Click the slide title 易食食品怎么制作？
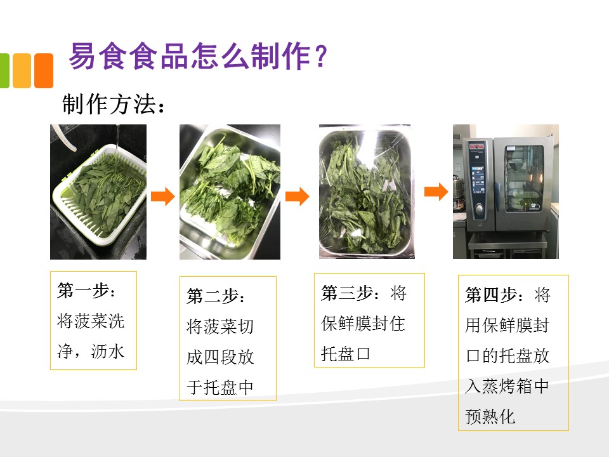tap(198, 56)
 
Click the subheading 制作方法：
tap(114, 104)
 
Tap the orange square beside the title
tap(44, 70)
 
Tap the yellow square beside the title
tap(22, 70)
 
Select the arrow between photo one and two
tap(163, 196)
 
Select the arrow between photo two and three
tap(297, 196)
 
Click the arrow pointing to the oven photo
tap(436, 192)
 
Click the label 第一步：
tap(86, 291)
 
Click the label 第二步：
tap(216, 296)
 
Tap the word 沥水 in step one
tap(108, 351)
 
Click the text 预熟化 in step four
tap(490, 416)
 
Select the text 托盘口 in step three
tap(346, 354)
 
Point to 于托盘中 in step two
tap(220, 387)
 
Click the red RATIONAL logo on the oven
tap(476, 147)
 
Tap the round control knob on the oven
tap(480, 209)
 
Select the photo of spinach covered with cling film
tap(367, 192)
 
